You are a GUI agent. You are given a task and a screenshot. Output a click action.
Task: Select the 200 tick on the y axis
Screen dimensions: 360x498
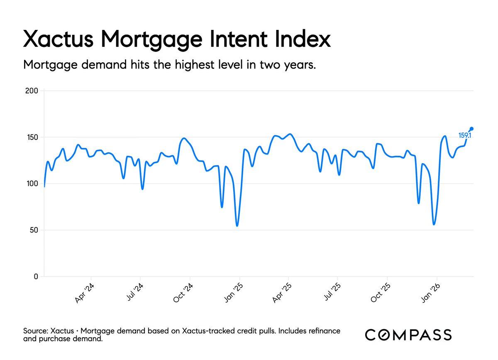pyautogui.click(x=32, y=91)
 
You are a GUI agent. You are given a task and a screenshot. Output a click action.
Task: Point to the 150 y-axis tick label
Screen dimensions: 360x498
pyautogui.click(x=32, y=137)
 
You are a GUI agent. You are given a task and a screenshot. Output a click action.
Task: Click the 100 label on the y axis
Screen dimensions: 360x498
pyautogui.click(x=32, y=184)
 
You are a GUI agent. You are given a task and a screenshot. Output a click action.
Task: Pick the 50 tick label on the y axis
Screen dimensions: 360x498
pyautogui.click(x=34, y=230)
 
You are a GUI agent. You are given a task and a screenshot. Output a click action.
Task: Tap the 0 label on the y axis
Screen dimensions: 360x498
pyautogui.click(x=36, y=277)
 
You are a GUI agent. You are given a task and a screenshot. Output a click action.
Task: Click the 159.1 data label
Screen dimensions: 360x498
pyautogui.click(x=464, y=135)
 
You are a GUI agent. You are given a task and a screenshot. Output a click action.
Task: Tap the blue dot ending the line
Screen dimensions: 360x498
pyautogui.click(x=471, y=129)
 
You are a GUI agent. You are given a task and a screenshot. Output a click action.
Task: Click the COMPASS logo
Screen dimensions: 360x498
pyautogui.click(x=408, y=335)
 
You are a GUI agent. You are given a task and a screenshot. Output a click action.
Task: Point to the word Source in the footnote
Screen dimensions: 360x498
pyautogui.click(x=35, y=331)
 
